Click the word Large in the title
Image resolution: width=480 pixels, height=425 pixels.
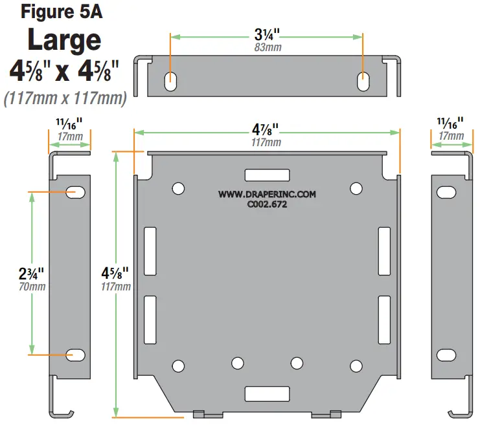(64, 40)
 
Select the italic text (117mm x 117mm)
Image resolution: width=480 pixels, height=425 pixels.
(64, 100)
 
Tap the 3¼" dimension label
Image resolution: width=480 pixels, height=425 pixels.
(267, 34)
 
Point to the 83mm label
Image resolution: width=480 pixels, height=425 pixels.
(267, 47)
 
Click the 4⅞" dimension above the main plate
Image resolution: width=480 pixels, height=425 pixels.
(267, 129)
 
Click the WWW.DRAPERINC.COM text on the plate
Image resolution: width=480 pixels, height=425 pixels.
(266, 193)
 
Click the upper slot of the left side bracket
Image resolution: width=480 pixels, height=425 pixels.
(76, 191)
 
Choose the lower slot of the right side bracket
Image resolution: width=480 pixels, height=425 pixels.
(446, 355)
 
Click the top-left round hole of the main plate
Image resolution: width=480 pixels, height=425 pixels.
(177, 188)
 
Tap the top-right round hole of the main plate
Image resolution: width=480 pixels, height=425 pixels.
(356, 188)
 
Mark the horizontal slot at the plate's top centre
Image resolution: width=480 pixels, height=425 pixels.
(266, 175)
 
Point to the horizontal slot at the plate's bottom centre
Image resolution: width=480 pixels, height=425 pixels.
(266, 393)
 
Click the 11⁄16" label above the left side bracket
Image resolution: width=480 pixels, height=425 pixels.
(69, 123)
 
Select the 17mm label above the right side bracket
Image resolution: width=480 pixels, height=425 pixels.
(451, 136)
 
